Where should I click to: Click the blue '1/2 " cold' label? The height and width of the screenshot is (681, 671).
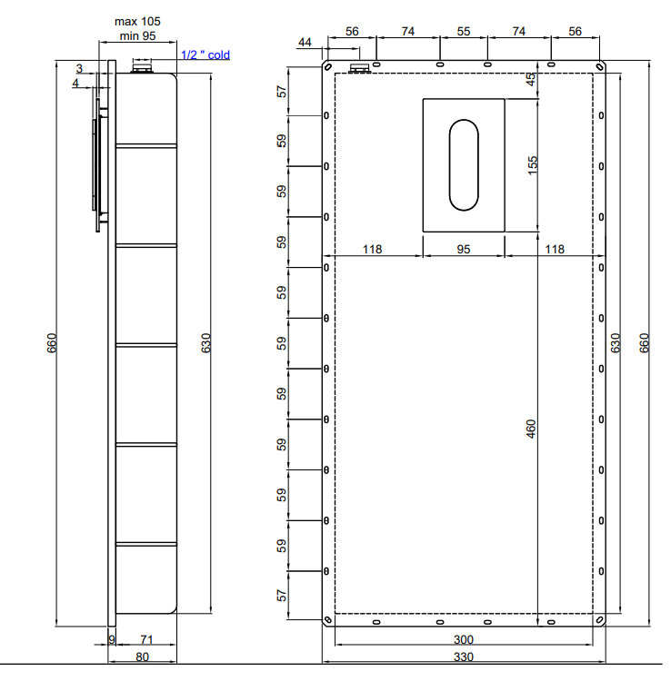click(205, 54)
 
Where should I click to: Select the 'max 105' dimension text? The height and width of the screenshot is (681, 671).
click(137, 21)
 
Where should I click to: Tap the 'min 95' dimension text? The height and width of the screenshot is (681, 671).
click(137, 36)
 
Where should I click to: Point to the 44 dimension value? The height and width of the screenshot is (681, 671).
click(305, 42)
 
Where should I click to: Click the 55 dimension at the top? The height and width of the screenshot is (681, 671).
click(464, 31)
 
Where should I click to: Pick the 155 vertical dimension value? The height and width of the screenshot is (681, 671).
click(532, 165)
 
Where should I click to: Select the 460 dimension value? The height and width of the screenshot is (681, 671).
click(531, 429)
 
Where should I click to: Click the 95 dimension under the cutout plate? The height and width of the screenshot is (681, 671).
click(464, 250)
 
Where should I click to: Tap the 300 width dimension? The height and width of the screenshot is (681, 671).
click(463, 640)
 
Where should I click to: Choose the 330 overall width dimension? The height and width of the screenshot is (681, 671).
click(463, 656)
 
